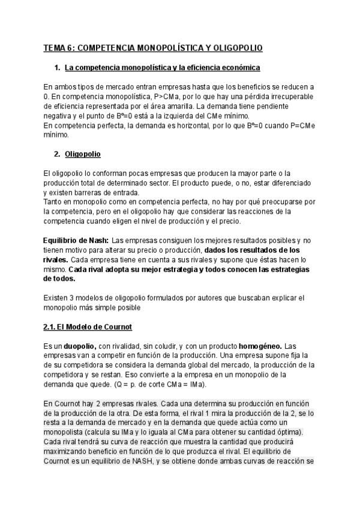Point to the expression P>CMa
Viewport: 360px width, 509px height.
point(157,97)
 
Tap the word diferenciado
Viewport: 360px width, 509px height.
point(290,183)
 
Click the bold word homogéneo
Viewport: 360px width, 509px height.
point(260,346)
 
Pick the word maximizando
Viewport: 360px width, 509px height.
point(71,453)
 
